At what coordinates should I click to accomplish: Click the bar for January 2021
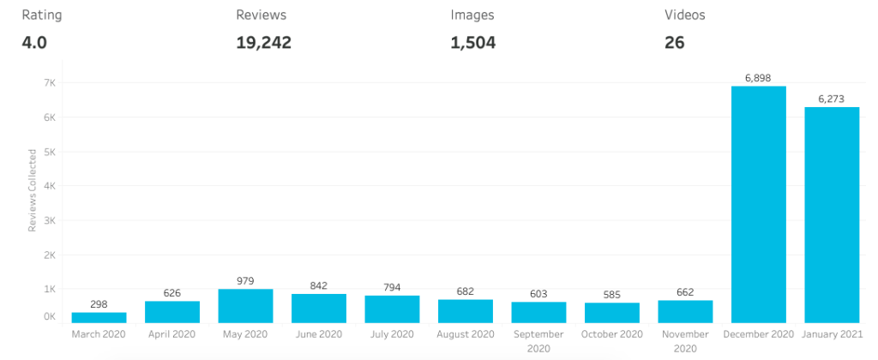tap(831, 214)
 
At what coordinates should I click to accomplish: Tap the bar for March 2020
tap(99, 317)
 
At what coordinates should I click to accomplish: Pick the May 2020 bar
tap(245, 306)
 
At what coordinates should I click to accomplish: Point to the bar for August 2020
tap(465, 311)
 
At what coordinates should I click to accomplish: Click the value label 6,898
tap(758, 78)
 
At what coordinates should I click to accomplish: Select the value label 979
tap(245, 281)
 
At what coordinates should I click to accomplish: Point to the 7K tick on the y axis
tap(49, 83)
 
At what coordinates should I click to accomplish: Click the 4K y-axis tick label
tap(49, 186)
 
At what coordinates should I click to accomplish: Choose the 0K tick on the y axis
tap(49, 317)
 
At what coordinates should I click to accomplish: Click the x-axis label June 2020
tap(318, 334)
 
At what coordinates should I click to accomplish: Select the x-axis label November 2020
tap(685, 341)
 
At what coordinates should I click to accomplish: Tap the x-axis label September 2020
tap(538, 341)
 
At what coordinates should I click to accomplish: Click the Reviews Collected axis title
tap(33, 190)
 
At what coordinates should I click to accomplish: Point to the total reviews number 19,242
tap(263, 42)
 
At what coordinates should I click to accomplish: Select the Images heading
tap(472, 15)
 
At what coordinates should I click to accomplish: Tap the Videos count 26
tap(674, 42)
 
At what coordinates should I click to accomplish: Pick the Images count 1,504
tap(473, 42)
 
